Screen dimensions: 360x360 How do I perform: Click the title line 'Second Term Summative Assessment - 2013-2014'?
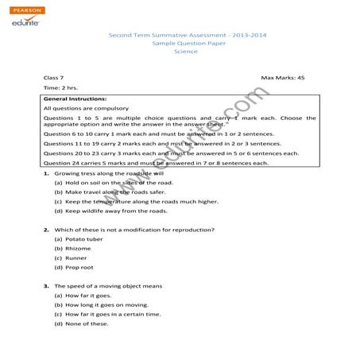(x=179, y=37)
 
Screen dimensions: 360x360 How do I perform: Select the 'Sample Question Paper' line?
(x=179, y=44)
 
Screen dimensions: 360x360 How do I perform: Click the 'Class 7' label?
(x=54, y=78)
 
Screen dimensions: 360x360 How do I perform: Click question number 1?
(x=47, y=172)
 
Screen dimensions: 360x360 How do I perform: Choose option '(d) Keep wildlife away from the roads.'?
(x=110, y=211)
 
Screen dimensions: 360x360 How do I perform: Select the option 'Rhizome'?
(x=73, y=249)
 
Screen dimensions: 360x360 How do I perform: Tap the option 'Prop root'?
(x=75, y=269)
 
